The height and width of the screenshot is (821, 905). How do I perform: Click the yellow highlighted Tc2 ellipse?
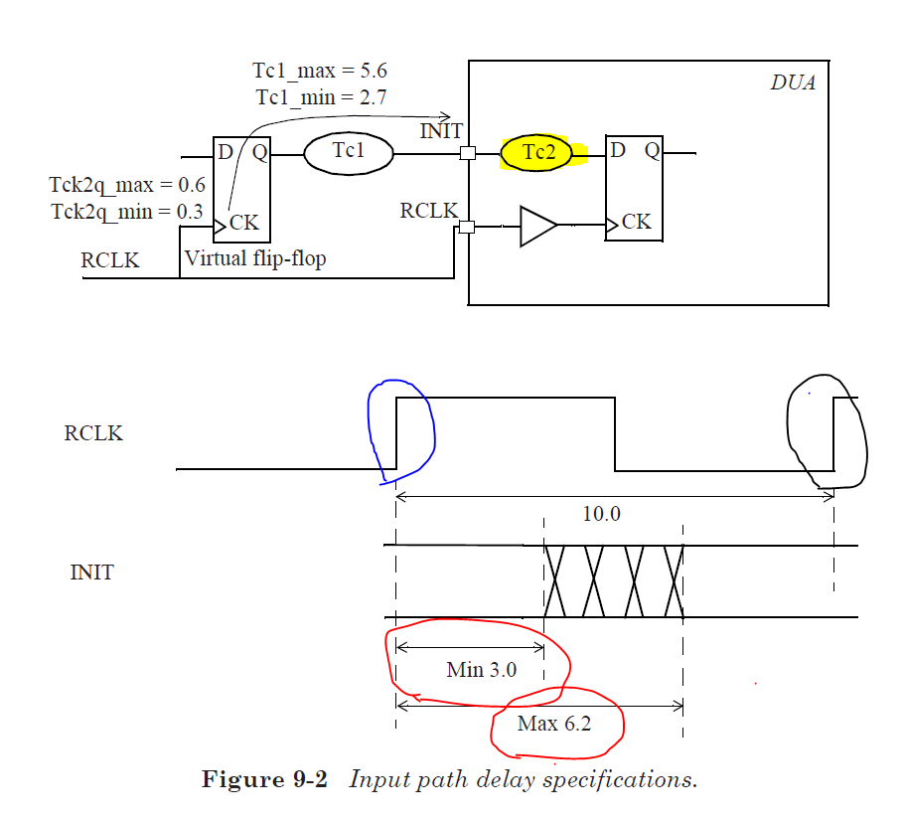click(536, 153)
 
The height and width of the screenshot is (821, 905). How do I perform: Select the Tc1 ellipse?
click(348, 153)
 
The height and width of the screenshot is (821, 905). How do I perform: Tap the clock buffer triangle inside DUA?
click(537, 227)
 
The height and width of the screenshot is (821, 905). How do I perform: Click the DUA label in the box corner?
click(793, 83)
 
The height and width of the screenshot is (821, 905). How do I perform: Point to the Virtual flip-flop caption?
click(255, 259)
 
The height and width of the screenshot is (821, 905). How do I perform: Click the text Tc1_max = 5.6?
click(320, 72)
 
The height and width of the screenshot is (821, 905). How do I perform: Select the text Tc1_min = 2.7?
click(320, 97)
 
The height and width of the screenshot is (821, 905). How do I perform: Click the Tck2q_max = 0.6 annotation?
click(126, 185)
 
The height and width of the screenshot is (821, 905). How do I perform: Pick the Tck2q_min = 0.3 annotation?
click(126, 211)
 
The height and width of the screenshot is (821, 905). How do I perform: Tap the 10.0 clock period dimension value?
click(601, 513)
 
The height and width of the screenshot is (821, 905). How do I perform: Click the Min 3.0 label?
click(482, 670)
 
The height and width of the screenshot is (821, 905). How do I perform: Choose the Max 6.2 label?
click(553, 724)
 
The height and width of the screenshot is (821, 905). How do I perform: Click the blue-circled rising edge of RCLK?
click(397, 432)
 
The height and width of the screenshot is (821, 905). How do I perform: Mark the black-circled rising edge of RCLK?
click(833, 432)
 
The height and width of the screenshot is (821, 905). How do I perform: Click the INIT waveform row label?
click(91, 574)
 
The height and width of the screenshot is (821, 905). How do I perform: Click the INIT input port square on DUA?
click(468, 154)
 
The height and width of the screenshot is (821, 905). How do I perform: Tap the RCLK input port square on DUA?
click(468, 227)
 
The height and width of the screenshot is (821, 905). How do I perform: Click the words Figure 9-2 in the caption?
click(264, 779)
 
